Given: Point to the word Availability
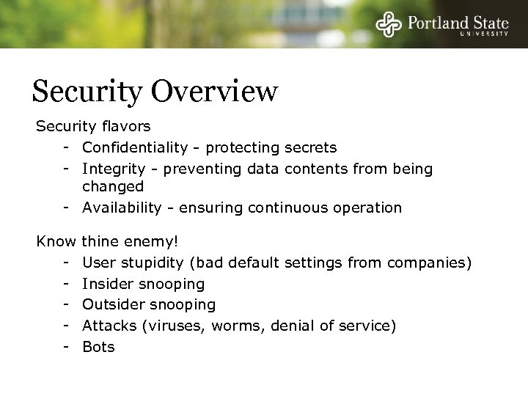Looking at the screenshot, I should click(121, 208).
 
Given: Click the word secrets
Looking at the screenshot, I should click(310, 148).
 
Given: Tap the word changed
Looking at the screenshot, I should click(112, 187).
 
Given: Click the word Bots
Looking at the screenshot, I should click(98, 346).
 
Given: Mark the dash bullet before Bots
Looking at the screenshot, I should click(66, 346).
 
